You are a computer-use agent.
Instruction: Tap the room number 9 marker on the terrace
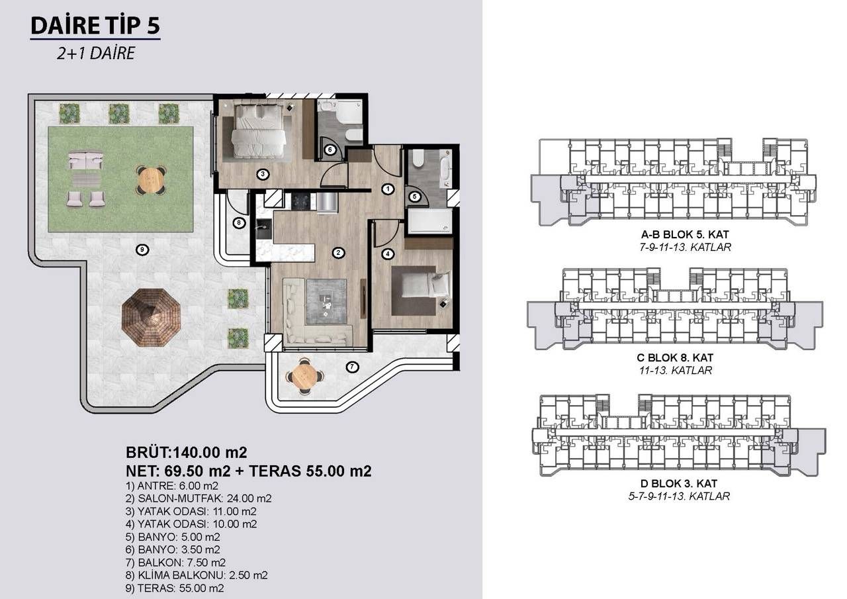(140, 249)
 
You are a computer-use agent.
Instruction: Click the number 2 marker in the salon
(338, 252)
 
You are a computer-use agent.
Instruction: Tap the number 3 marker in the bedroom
(263, 174)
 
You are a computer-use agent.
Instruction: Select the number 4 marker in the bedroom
(388, 252)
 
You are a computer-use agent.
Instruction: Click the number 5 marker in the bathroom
(414, 196)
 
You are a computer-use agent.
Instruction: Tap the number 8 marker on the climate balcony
(239, 223)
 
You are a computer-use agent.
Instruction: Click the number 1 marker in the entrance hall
(388, 189)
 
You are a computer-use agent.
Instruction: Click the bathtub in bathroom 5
(429, 220)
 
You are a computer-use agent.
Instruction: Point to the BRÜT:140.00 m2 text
(186, 453)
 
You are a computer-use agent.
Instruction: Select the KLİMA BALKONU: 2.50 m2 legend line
(197, 575)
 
